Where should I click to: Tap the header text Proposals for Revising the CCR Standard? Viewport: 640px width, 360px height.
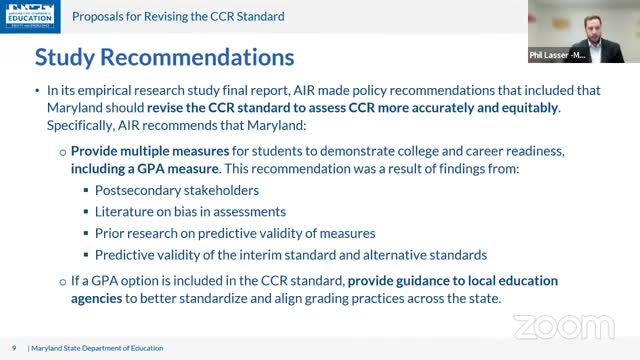point(178,17)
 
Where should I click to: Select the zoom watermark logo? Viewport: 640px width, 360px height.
point(564,326)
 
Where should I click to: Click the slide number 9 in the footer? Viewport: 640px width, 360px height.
point(14,346)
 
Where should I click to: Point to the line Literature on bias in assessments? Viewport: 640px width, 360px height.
point(190,211)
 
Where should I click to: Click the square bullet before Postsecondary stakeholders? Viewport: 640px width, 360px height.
point(84,191)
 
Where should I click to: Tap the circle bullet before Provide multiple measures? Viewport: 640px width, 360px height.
point(62,151)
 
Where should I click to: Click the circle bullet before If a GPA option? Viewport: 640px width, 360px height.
point(62,282)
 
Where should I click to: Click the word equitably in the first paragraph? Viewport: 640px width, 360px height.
point(522,108)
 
